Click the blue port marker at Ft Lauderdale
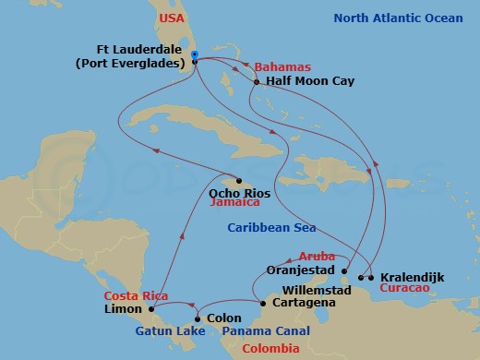[x=195, y=55]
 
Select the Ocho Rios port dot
[x=238, y=180]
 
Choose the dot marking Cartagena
[x=262, y=303]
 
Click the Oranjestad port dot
[x=345, y=271]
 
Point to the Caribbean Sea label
[x=273, y=227]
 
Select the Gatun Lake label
[x=163, y=330]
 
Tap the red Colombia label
[x=270, y=348]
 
